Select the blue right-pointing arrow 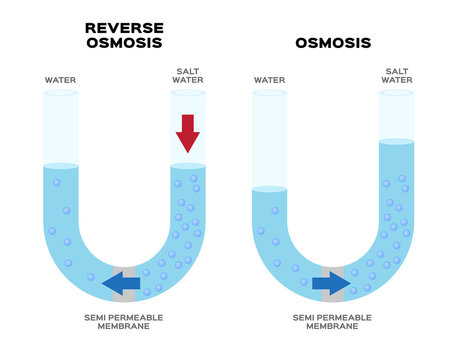[330, 284]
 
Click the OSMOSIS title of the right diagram [332, 43]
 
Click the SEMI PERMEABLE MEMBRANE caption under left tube [123, 321]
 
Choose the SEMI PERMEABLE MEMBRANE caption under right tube [332, 321]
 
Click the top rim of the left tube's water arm [60, 93]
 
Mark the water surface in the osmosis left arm [269, 188]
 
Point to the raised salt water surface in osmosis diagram [396, 142]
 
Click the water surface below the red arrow [187, 166]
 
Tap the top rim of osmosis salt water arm [396, 93]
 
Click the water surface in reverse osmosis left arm [60, 166]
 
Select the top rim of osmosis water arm [269, 93]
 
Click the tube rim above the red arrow [187, 93]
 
